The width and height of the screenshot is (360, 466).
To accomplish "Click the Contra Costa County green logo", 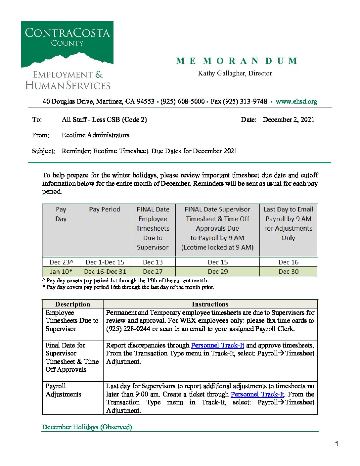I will tap(67, 44).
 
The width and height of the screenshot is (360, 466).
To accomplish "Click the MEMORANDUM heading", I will tap(237, 61).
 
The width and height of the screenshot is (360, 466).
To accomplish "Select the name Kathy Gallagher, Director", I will tap(235, 73).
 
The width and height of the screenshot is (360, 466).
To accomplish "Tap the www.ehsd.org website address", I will tap(296, 102).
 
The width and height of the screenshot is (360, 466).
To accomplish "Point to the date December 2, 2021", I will tap(288, 120).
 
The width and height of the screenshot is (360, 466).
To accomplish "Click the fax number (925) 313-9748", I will tap(239, 102).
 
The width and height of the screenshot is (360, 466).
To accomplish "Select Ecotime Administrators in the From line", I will tap(95, 135).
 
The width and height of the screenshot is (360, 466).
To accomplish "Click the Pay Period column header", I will tap(105, 210).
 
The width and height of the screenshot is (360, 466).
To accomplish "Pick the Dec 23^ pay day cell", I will tap(61, 262).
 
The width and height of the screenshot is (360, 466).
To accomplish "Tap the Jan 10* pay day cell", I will tap(61, 272).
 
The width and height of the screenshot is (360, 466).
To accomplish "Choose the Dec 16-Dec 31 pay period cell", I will tap(105, 272).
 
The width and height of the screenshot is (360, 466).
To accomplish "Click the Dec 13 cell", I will tap(153, 262).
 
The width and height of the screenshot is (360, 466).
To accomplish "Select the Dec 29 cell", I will tap(217, 272).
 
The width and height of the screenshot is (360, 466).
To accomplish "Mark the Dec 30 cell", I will tap(288, 272).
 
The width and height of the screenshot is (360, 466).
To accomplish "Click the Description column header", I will tap(72, 304).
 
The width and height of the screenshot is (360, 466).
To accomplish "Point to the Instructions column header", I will tap(210, 304).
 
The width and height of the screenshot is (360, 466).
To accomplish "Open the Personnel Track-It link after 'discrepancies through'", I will tap(217, 346).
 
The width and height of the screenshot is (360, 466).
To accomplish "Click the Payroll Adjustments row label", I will tap(63, 390).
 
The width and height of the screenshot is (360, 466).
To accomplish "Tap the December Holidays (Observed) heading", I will tap(87, 427).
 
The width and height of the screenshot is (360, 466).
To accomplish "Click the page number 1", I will tap(337, 444).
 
